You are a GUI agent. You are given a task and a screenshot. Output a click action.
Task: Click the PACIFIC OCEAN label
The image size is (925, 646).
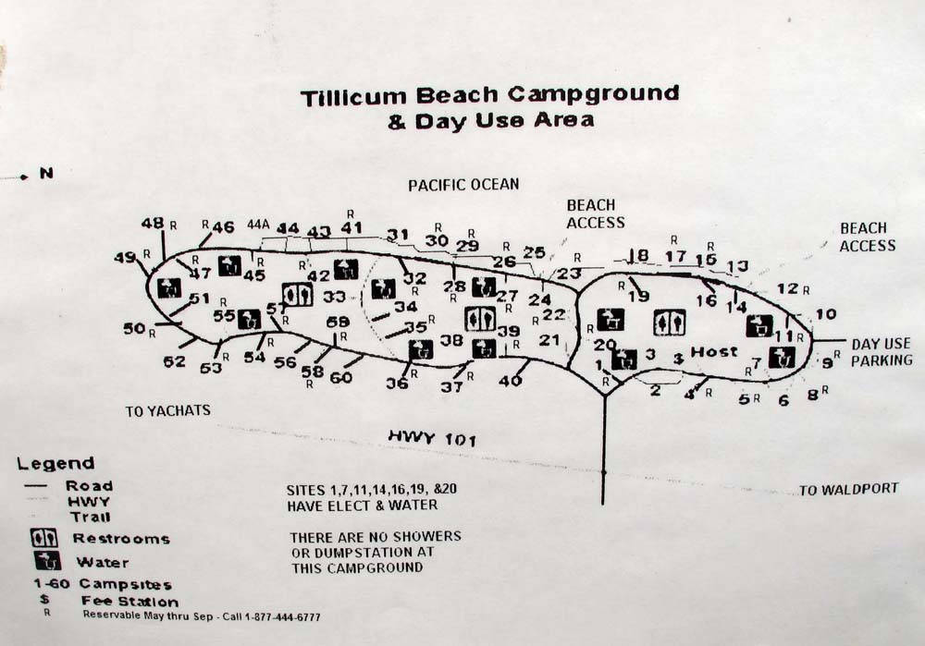click(463, 185)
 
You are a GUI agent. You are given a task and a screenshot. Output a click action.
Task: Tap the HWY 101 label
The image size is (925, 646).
click(432, 438)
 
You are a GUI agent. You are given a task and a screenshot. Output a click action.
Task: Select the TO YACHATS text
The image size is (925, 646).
click(168, 410)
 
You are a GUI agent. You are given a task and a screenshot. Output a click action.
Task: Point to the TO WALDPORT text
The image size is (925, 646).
click(848, 489)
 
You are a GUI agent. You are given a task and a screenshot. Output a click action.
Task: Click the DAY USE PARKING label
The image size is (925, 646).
click(882, 351)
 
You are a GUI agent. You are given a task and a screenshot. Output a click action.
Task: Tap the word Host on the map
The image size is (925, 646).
click(714, 351)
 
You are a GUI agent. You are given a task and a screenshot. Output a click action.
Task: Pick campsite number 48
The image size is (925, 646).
click(153, 223)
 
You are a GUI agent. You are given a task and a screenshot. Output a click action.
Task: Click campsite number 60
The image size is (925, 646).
click(341, 377)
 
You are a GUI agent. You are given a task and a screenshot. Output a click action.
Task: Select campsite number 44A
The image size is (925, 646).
click(258, 224)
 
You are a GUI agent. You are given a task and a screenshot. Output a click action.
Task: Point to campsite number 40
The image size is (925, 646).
click(510, 380)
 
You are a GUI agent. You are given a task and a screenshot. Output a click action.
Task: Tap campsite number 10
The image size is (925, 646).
click(825, 314)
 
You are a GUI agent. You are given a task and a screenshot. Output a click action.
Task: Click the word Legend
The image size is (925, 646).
click(55, 463)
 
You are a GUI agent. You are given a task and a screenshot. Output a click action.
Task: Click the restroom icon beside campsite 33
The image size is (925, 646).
click(297, 294)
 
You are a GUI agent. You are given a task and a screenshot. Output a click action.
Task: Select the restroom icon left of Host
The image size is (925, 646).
click(669, 322)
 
